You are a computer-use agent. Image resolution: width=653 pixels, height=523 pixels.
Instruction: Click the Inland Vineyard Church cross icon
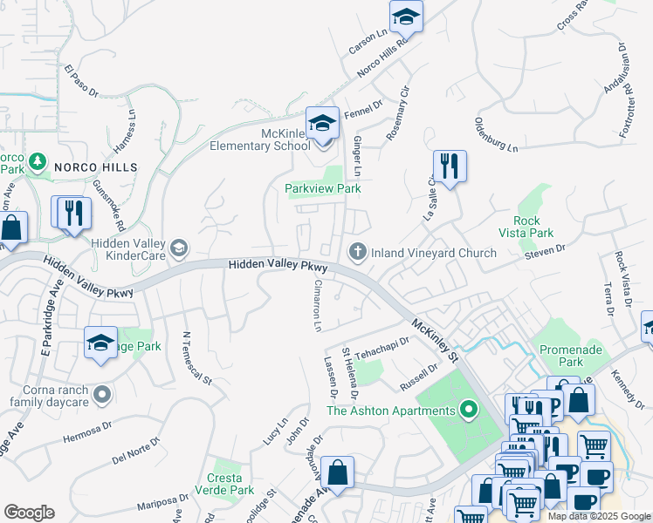click(357, 253)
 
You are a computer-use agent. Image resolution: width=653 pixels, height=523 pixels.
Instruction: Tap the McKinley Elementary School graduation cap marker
click(322, 124)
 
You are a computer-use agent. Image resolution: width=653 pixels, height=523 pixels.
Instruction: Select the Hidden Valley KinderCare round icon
click(179, 249)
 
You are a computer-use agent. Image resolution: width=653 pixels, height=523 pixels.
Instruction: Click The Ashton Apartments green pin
click(469, 409)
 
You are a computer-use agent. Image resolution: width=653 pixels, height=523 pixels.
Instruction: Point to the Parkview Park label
click(323, 188)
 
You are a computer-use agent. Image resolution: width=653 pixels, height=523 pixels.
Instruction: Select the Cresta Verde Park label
click(230, 484)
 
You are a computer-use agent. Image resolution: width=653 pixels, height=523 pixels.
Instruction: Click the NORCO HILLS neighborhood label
click(96, 166)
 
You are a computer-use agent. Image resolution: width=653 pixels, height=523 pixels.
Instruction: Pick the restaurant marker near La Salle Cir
click(449, 166)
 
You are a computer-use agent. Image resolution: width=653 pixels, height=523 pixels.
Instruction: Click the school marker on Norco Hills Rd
click(406, 17)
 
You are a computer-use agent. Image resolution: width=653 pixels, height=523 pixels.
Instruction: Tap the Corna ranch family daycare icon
click(101, 395)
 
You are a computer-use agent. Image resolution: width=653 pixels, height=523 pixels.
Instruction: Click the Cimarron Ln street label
click(319, 305)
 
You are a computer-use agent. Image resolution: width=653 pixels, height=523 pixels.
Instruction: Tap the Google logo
click(29, 513)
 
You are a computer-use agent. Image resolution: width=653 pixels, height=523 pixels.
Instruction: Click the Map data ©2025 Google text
click(599, 516)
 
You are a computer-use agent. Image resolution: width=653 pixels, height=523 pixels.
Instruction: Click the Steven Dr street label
click(546, 252)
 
